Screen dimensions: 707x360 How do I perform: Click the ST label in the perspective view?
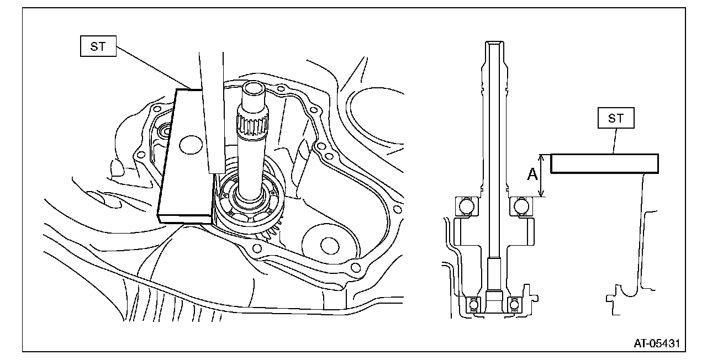[x=98, y=47]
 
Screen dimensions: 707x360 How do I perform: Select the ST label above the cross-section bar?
[x=615, y=119]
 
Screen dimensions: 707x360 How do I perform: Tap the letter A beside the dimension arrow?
[x=532, y=175]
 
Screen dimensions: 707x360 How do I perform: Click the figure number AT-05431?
[x=657, y=343]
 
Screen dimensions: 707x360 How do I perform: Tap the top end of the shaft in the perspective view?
[x=255, y=88]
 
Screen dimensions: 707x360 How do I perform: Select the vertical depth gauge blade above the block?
[x=212, y=110]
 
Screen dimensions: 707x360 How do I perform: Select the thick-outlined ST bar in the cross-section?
[x=604, y=164]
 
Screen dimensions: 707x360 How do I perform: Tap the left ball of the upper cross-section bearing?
[x=466, y=206]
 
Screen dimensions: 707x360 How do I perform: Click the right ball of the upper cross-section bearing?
[x=521, y=206]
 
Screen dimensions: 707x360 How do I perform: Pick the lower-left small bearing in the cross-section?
[x=473, y=304]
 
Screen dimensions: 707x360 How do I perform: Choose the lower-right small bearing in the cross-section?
[x=514, y=304]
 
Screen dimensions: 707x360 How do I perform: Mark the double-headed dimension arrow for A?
[x=543, y=175]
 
